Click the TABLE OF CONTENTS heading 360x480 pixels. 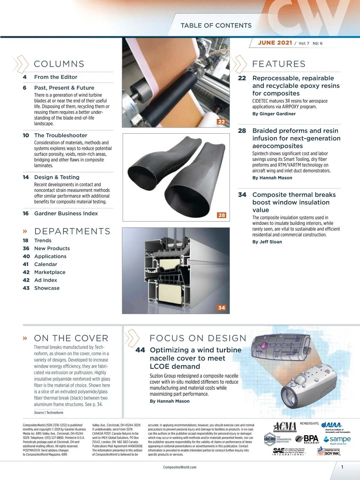click(216, 25)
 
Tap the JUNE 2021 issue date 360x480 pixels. click(275, 43)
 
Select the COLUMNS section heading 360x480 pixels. click(59, 64)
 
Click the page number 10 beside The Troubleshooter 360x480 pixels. click(26, 135)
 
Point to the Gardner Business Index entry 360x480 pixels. click(66, 213)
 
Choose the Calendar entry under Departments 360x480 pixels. click(46, 264)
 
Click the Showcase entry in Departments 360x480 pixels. click(47, 288)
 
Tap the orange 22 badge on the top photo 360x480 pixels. click(221, 121)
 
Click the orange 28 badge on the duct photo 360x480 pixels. click(222, 215)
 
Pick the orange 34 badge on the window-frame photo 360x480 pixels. click(222, 308)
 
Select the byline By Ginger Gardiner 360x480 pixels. click(274, 114)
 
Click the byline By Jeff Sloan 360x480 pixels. click(267, 242)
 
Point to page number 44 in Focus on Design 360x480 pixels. click(140, 350)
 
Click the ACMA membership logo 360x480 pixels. click(285, 427)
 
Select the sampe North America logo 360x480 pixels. click(337, 440)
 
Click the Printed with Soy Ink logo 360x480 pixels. click(329, 451)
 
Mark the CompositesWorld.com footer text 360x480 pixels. click(180, 467)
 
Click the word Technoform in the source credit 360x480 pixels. click(55, 412)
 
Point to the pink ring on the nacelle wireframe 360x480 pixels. click(264, 345)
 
